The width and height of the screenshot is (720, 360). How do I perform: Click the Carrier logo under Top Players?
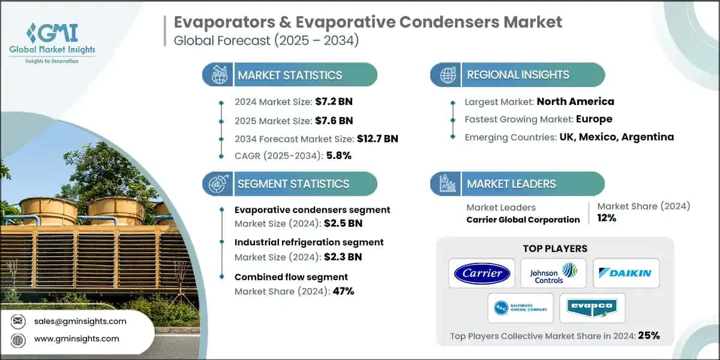coord(482,274)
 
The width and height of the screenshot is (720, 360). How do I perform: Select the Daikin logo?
coord(626,274)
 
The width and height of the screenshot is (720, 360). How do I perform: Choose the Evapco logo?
coord(592,308)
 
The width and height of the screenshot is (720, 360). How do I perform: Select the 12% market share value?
coord(607,218)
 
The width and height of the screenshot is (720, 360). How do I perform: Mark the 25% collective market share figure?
coord(649,335)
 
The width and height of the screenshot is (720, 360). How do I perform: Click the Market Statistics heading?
coord(290,75)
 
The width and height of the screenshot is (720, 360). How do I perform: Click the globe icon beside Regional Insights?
coord(447,75)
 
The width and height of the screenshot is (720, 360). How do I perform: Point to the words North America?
coord(575,101)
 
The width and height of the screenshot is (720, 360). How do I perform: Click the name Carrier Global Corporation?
coord(523,220)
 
